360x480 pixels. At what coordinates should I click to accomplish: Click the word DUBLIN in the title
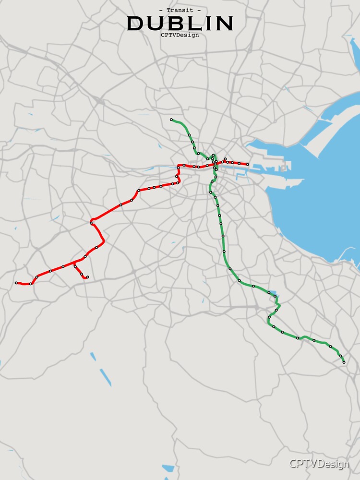[180, 23]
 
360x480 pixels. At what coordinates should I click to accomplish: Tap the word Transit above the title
[180, 10]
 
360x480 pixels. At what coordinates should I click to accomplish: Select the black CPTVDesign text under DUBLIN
[180, 35]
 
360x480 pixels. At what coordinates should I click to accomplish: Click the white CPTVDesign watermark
[319, 464]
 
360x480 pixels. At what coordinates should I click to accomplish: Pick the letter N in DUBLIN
[225, 23]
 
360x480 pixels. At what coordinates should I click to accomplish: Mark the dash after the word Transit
[199, 10]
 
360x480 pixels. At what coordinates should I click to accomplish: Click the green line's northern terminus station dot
[171, 120]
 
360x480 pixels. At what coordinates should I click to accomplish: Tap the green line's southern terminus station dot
[344, 362]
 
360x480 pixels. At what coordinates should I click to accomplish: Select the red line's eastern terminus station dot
[247, 165]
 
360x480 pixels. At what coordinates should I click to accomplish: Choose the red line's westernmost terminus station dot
[16, 283]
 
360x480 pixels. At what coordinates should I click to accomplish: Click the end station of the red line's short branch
[87, 277]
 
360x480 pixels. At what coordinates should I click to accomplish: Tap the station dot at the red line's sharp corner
[91, 223]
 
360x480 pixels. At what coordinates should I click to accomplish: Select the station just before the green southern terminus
[340, 356]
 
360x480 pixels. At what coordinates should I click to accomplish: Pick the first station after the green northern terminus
[189, 135]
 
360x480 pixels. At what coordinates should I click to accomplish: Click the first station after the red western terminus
[30, 284]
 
